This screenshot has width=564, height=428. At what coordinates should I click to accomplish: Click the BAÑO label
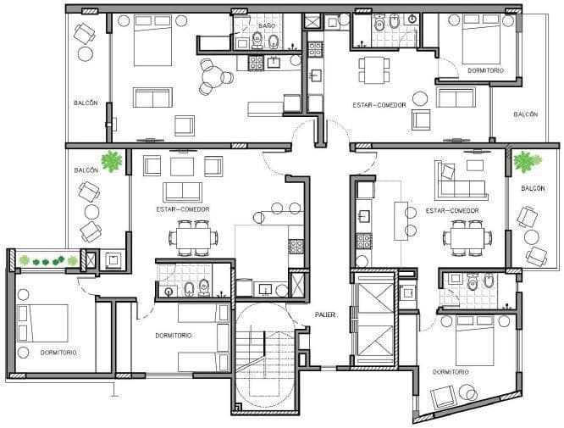[267, 26]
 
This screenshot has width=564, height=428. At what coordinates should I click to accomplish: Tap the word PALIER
[325, 314]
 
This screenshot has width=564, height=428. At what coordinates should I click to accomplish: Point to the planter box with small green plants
[48, 260]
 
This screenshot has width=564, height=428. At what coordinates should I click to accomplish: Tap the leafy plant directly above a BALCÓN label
[527, 161]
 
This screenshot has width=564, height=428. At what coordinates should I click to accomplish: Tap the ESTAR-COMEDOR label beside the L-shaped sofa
[452, 210]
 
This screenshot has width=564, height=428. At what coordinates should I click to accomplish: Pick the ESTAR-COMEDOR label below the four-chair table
[379, 105]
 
